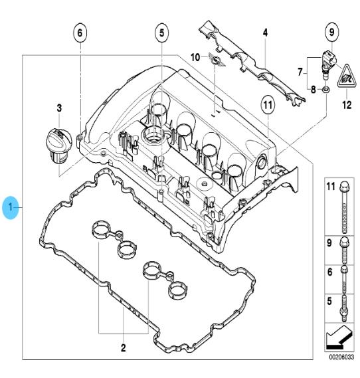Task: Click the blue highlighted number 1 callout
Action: click(11, 207)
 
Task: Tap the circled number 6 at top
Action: click(80, 33)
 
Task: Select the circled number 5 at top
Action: click(161, 33)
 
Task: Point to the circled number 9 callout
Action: click(332, 32)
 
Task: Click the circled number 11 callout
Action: click(268, 105)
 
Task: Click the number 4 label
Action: click(265, 33)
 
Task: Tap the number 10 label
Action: click(195, 57)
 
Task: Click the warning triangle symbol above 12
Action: click(347, 76)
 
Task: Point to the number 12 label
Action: click(347, 105)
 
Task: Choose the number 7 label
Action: click(300, 72)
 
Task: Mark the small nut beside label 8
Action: click(325, 90)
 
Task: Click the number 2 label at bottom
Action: click(123, 348)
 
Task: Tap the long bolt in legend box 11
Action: click(345, 207)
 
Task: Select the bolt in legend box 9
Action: click(343, 250)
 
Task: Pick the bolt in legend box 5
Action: click(344, 308)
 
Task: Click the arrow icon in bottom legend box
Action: click(339, 337)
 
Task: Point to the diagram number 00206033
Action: click(341, 357)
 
